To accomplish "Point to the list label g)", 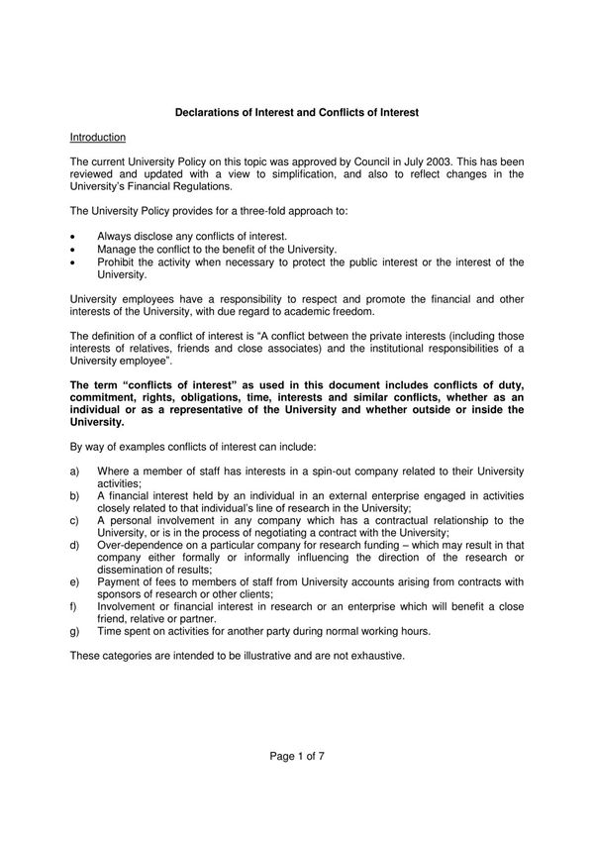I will pos(75,630).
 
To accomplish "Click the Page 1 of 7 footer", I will pos(297,756).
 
